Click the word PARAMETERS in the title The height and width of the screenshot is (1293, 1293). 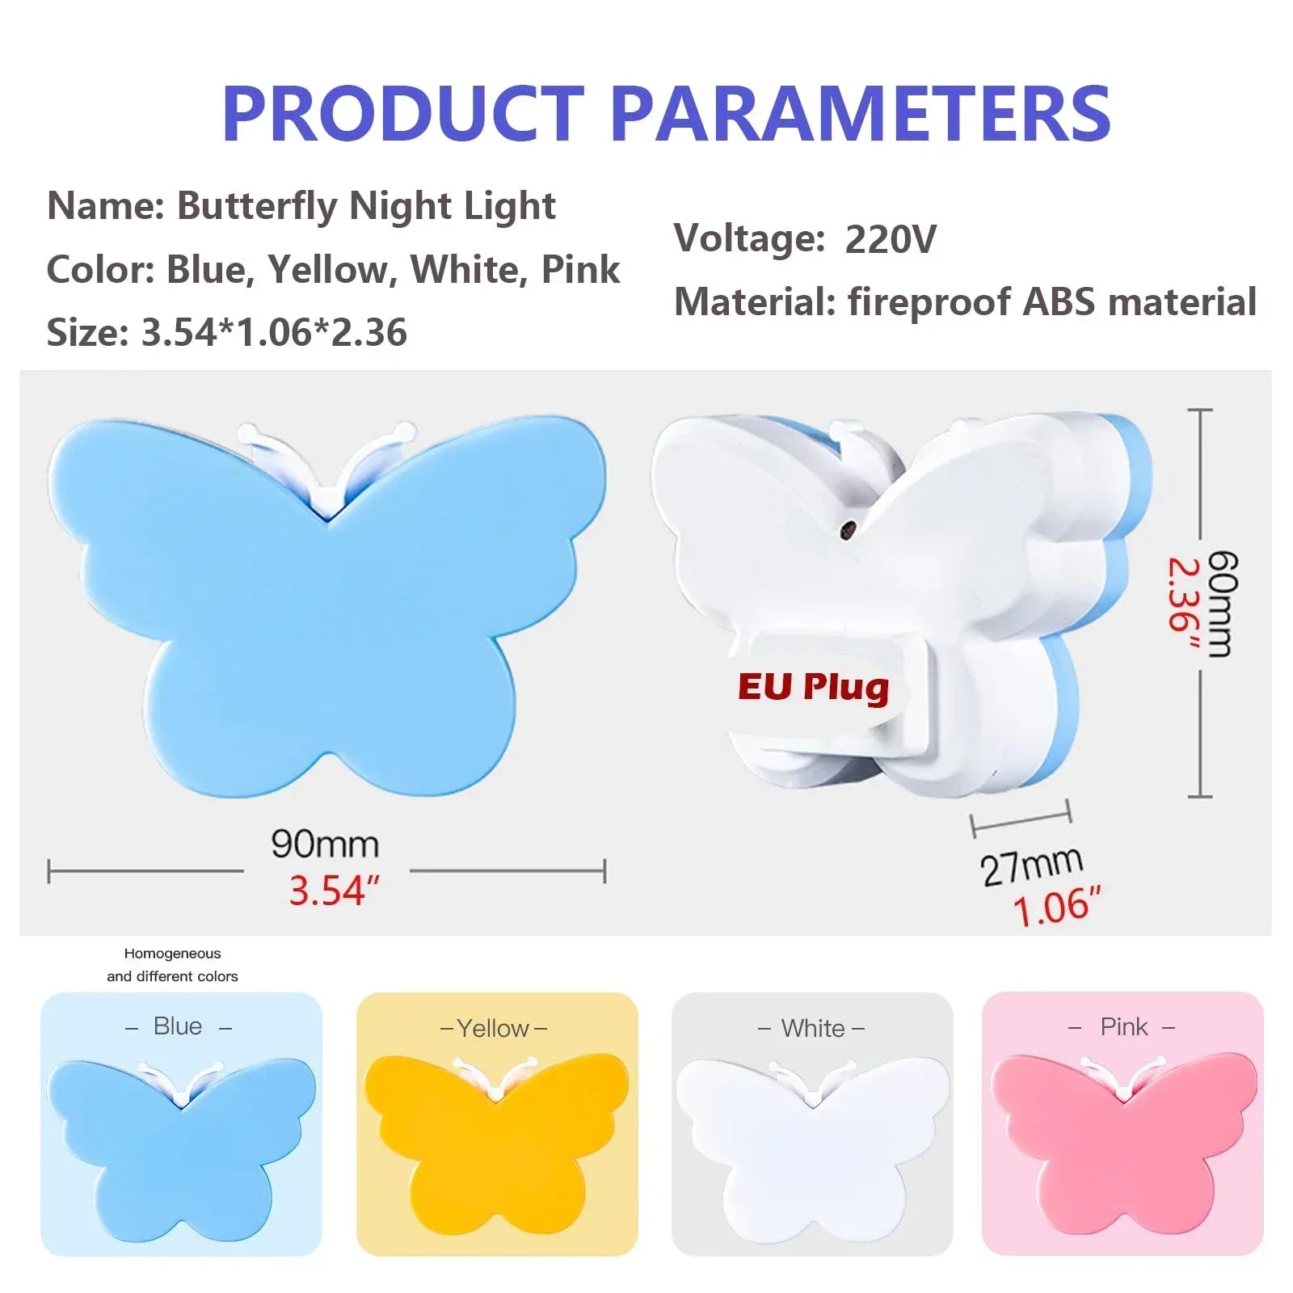coord(861,114)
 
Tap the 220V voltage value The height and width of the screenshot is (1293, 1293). coord(891,239)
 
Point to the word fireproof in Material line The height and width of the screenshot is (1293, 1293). coord(929,302)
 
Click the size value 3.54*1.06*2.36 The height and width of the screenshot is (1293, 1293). coord(274,332)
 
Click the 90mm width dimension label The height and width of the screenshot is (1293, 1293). coord(325,844)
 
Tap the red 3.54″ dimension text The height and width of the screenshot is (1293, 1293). coord(334,891)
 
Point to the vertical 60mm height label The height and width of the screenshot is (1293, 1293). coord(1222,604)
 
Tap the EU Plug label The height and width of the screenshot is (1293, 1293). coord(813,687)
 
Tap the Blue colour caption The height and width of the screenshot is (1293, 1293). coord(178,1026)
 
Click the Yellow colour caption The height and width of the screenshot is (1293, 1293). coord(493,1028)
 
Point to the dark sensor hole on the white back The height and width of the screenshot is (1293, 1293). coord(849,529)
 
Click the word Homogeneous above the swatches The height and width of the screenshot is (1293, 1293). coord(172,954)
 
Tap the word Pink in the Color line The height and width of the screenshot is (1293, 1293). coord(580,269)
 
